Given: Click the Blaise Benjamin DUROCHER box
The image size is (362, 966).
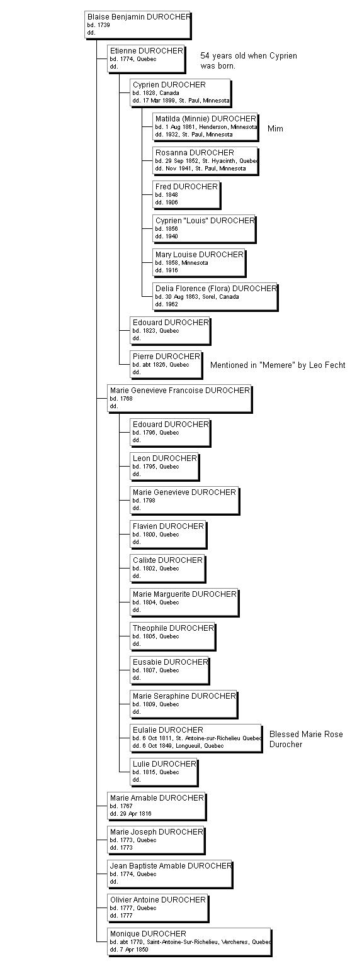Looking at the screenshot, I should pyautogui.click(x=137, y=25).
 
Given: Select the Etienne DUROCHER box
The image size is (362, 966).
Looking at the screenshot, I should pyautogui.click(x=146, y=58).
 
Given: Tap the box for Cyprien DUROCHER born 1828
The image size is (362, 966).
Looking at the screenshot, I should pyautogui.click(x=181, y=92).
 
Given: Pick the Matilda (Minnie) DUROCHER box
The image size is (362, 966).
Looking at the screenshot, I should pyautogui.click(x=205, y=126).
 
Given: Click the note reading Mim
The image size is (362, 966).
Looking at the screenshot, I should pyautogui.click(x=275, y=129).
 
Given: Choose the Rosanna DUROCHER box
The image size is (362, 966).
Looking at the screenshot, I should pyautogui.click(x=205, y=160).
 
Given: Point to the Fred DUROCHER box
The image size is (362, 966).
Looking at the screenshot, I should pyautogui.click(x=186, y=194).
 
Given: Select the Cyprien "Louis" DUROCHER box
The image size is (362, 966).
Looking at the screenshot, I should pyautogui.click(x=205, y=228).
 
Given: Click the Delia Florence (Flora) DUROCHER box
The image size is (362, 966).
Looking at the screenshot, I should pyautogui.click(x=215, y=296).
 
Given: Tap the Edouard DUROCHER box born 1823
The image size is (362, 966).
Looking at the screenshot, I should pyautogui.click(x=169, y=330).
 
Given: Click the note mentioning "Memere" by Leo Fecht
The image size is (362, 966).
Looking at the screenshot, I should pyautogui.click(x=278, y=365).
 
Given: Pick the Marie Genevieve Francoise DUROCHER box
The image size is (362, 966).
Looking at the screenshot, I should pyautogui.click(x=179, y=398).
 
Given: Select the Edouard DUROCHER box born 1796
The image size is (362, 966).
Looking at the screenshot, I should pyautogui.click(x=169, y=432).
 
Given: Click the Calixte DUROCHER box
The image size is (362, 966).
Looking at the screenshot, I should pyautogui.click(x=167, y=568).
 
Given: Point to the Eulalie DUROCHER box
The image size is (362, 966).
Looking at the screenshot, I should pyautogui.click(x=196, y=738).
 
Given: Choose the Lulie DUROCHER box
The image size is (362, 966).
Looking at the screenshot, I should pyautogui.click(x=164, y=772).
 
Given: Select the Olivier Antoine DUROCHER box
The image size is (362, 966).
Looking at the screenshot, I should pyautogui.click(x=157, y=908).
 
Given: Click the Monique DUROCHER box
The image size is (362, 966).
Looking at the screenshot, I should pyautogui.click(x=189, y=941).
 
